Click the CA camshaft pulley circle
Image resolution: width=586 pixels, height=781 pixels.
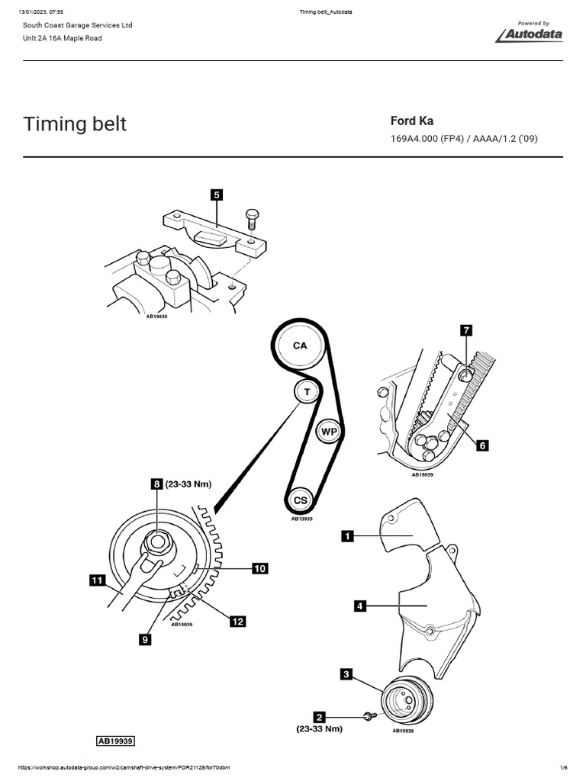click(x=300, y=346)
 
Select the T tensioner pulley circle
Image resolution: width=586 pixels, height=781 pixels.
click(x=307, y=391)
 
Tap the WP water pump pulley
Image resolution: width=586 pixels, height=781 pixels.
click(x=327, y=431)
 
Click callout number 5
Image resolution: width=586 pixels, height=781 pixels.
click(x=217, y=195)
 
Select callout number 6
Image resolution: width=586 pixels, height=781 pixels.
click(x=481, y=447)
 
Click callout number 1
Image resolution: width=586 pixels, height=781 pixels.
click(x=347, y=537)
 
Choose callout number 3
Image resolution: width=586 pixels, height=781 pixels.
click(x=346, y=673)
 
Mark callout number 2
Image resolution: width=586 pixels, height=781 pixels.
click(x=320, y=717)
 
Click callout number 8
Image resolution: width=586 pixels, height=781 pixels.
click(x=156, y=484)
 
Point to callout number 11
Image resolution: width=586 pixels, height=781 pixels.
click(x=96, y=581)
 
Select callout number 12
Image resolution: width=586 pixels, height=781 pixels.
click(x=238, y=622)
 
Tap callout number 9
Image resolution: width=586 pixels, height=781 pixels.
click(x=145, y=641)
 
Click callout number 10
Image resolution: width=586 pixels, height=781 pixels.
click(x=259, y=568)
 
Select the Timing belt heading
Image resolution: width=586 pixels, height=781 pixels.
click(x=75, y=124)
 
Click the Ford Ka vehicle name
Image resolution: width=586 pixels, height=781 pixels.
click(x=412, y=121)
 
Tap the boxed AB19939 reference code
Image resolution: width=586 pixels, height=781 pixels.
click(x=115, y=741)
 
